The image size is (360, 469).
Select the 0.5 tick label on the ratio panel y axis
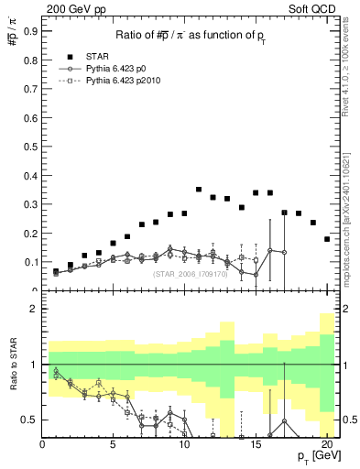[x=29, y=420]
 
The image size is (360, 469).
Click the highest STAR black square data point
[x=199, y=190]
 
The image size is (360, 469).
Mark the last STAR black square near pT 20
[x=327, y=239]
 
